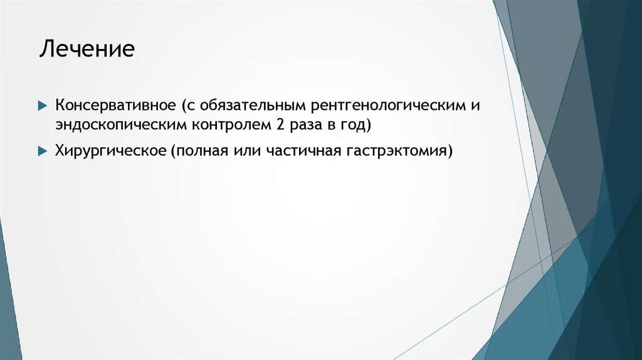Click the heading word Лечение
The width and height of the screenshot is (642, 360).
pyautogui.click(x=87, y=49)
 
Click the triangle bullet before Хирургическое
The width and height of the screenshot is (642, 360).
pyautogui.click(x=42, y=152)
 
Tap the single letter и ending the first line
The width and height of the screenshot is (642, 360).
pyautogui.click(x=476, y=105)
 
